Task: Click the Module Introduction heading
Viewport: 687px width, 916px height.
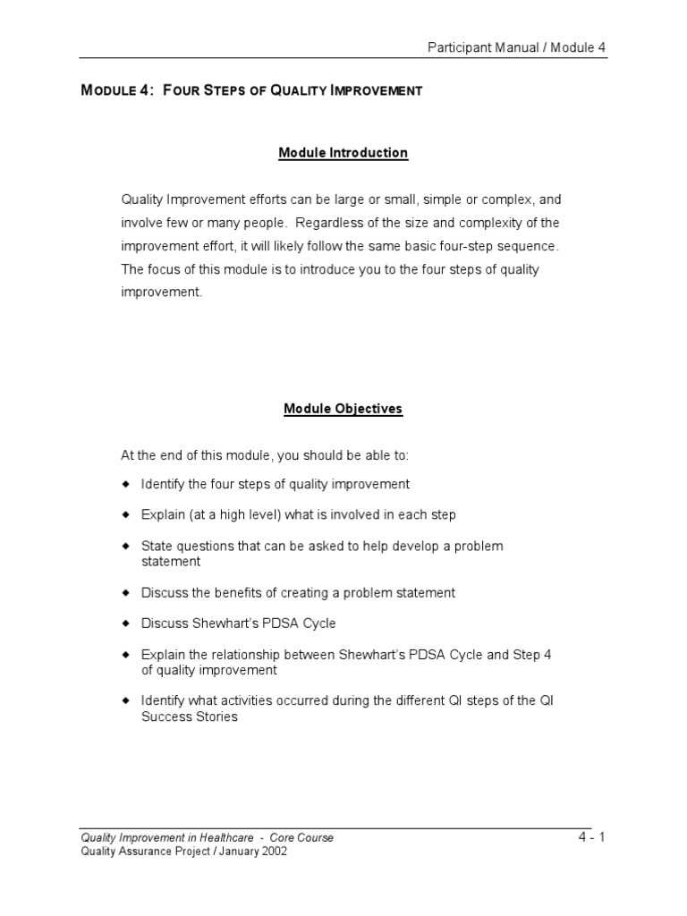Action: click(x=343, y=153)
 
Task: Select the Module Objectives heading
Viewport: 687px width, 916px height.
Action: click(x=343, y=409)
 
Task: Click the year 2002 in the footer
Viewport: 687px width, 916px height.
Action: click(x=272, y=852)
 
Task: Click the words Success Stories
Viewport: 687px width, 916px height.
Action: click(x=189, y=717)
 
